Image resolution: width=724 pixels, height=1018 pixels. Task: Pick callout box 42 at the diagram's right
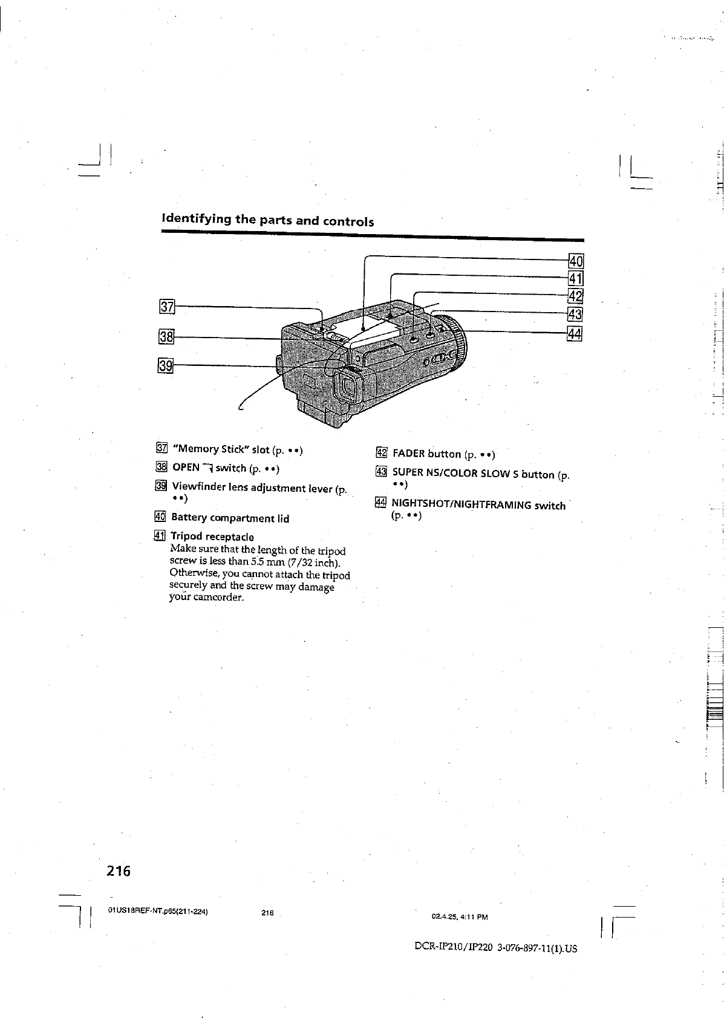[x=575, y=296]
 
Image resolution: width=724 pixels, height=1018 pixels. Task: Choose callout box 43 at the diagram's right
[x=575, y=314]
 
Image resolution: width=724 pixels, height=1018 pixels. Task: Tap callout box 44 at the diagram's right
[x=575, y=333]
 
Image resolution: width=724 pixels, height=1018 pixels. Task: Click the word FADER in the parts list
[x=411, y=454]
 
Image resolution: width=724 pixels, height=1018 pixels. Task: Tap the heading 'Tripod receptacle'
[x=212, y=537]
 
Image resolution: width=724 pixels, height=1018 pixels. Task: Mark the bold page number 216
[x=119, y=872]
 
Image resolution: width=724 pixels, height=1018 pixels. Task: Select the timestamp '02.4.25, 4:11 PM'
[x=460, y=917]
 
